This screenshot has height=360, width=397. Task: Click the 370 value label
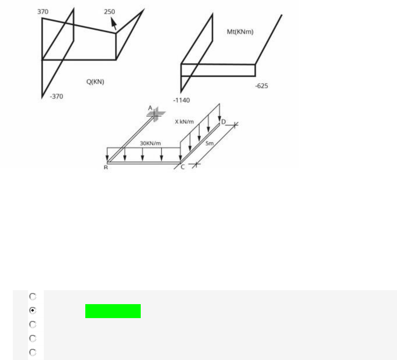coord(43,12)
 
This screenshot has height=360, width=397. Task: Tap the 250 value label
coord(109,12)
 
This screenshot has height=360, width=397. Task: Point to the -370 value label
coord(57,96)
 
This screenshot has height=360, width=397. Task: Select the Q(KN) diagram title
coord(95,82)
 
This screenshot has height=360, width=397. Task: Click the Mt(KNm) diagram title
coord(240,32)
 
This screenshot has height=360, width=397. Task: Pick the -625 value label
coord(262,86)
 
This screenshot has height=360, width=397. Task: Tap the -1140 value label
coord(181,100)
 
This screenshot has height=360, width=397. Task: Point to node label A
coord(150,108)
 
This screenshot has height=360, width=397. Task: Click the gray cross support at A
coord(156,114)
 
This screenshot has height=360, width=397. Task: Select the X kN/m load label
coord(184,121)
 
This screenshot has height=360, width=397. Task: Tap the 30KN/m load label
coord(150,144)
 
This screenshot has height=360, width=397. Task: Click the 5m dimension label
coord(209,144)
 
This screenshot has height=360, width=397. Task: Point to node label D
coord(223,122)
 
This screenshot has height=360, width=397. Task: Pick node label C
coord(183,167)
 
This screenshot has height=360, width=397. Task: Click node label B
coord(106,168)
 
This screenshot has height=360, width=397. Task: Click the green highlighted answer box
coord(113,311)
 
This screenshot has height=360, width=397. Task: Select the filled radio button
coord(33,310)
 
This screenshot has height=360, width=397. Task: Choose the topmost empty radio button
coord(33,296)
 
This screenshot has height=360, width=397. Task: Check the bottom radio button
coord(33,352)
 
